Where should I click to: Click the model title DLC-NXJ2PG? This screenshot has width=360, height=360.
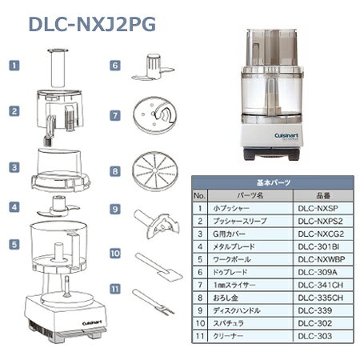[92, 25]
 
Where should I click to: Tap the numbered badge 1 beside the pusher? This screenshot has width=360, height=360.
[14, 66]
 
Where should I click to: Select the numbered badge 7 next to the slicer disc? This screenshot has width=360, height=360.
[115, 115]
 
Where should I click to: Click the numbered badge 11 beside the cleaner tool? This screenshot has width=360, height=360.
[115, 289]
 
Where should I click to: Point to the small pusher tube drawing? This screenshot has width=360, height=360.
[58, 68]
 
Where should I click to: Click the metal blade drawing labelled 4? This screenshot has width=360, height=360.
[58, 206]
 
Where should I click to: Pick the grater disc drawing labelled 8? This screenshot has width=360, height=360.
[155, 171]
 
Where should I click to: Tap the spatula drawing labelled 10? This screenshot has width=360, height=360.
[159, 267]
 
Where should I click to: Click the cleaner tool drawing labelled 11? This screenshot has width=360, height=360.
[154, 302]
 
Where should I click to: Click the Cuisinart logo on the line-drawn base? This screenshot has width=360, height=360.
[92, 323]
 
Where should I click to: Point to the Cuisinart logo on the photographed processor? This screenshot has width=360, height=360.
[286, 136]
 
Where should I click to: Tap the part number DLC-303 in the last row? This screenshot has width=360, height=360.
[315, 336]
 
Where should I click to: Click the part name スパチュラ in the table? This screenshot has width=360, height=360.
[228, 323]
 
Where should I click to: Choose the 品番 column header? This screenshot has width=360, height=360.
[323, 195]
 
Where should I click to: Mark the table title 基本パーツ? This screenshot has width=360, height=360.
[273, 182]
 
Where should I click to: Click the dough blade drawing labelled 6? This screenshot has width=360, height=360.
[153, 67]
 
